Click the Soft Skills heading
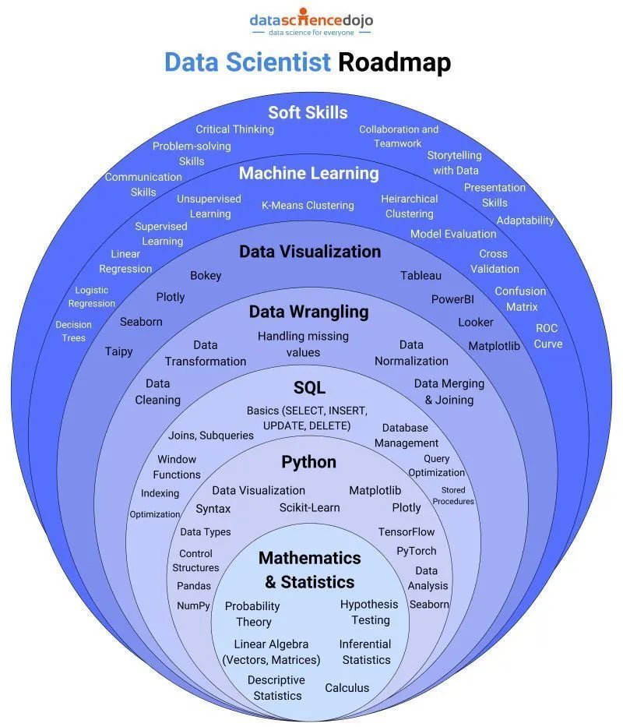(x=308, y=112)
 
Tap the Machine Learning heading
(x=308, y=173)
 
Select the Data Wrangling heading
(x=308, y=312)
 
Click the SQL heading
(x=309, y=388)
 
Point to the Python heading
(x=308, y=462)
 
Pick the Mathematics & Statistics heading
(x=309, y=570)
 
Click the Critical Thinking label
(x=234, y=129)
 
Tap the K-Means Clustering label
(x=308, y=206)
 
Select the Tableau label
(x=421, y=275)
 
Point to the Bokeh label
(x=206, y=275)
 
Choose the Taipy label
(x=119, y=351)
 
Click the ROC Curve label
(x=547, y=336)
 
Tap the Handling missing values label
(x=303, y=344)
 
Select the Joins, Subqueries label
(x=211, y=436)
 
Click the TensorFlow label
(x=407, y=531)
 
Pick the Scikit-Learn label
(x=309, y=507)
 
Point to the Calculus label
(x=347, y=687)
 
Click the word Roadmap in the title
(x=394, y=62)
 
